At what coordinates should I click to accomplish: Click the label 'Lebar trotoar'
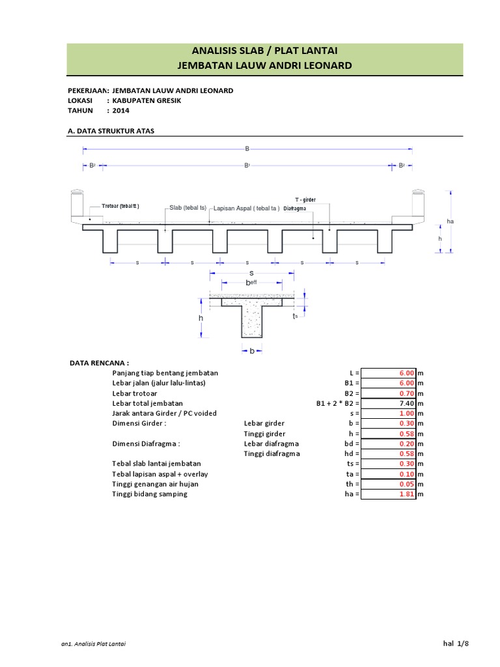(137, 393)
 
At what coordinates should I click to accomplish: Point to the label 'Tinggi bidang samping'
(149, 494)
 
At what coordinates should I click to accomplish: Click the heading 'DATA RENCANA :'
(99, 362)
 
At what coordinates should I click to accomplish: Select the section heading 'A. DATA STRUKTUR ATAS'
(111, 131)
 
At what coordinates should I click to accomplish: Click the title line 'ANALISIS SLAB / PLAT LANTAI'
(264, 51)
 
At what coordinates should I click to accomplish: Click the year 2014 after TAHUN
(121, 111)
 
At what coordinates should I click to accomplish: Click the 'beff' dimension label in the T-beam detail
(251, 283)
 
